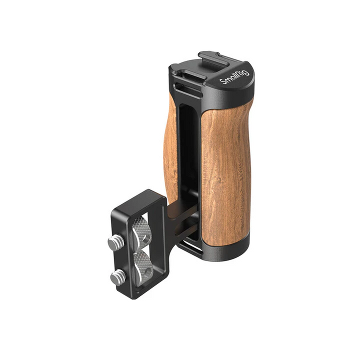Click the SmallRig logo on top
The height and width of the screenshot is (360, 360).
pyautogui.click(x=234, y=77)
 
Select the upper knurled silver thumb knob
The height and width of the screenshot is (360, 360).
pyautogui.click(x=141, y=232)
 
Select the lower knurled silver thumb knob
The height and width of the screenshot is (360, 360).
pyautogui.click(x=143, y=267)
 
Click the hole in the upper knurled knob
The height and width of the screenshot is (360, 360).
pyautogui.click(x=147, y=238)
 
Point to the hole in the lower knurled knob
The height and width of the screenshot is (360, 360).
pyautogui.click(x=149, y=273)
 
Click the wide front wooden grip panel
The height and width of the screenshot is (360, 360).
pyautogui.click(x=226, y=175)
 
